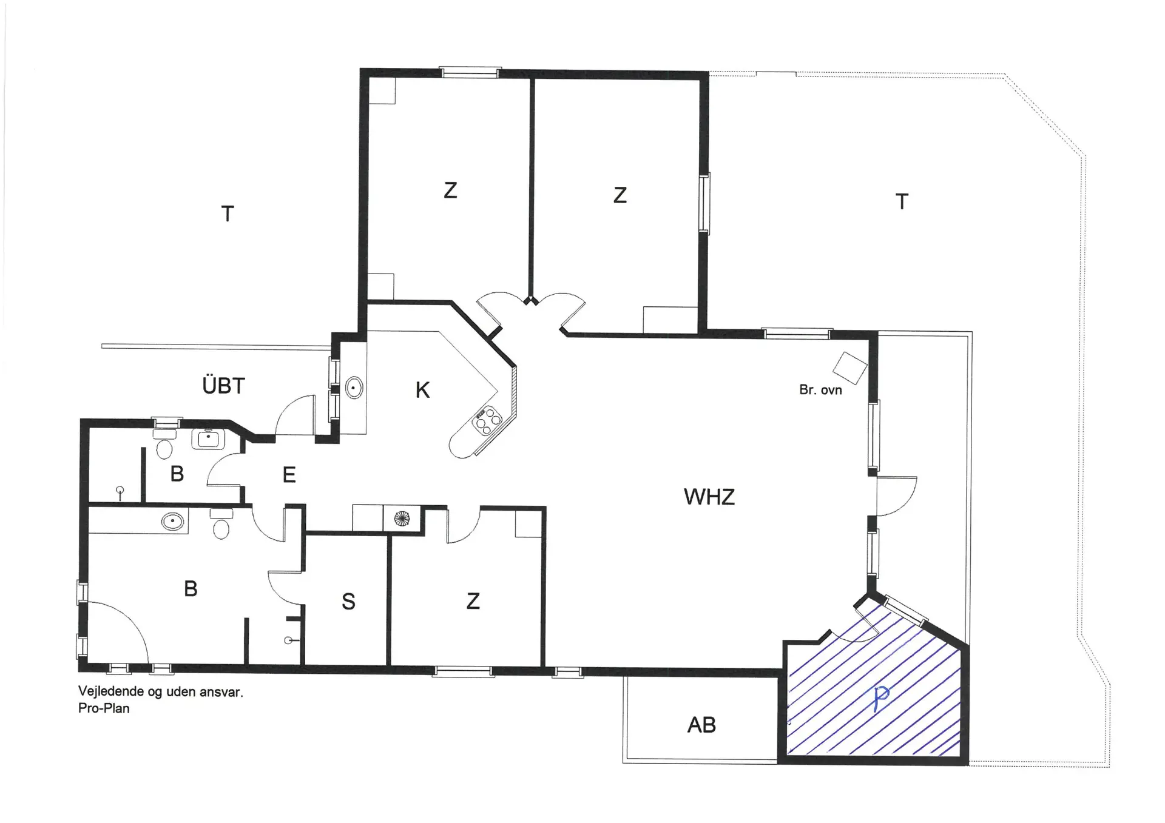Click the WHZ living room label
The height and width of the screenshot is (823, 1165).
(x=709, y=497)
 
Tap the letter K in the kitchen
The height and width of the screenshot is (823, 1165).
(x=422, y=390)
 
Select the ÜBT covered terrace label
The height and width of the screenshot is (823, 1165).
(x=223, y=386)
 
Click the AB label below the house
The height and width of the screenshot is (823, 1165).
(x=701, y=725)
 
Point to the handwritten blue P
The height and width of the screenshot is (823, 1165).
(x=880, y=699)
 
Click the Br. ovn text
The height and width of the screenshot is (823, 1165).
(x=820, y=390)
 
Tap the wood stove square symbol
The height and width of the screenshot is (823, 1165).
(x=849, y=368)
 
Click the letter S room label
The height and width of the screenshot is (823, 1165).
(x=348, y=602)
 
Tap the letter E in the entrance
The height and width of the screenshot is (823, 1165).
(x=289, y=475)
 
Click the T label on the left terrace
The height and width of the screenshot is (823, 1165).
(x=228, y=214)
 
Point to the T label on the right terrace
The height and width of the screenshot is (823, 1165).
(x=902, y=202)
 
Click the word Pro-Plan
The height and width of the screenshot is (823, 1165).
(x=104, y=708)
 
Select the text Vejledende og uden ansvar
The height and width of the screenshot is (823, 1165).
(x=161, y=692)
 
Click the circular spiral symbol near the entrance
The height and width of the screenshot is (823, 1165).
(x=402, y=519)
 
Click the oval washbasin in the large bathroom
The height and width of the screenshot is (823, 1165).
(x=173, y=521)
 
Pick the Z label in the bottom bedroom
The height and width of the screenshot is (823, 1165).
(x=473, y=601)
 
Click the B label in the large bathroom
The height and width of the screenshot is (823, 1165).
(x=191, y=589)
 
